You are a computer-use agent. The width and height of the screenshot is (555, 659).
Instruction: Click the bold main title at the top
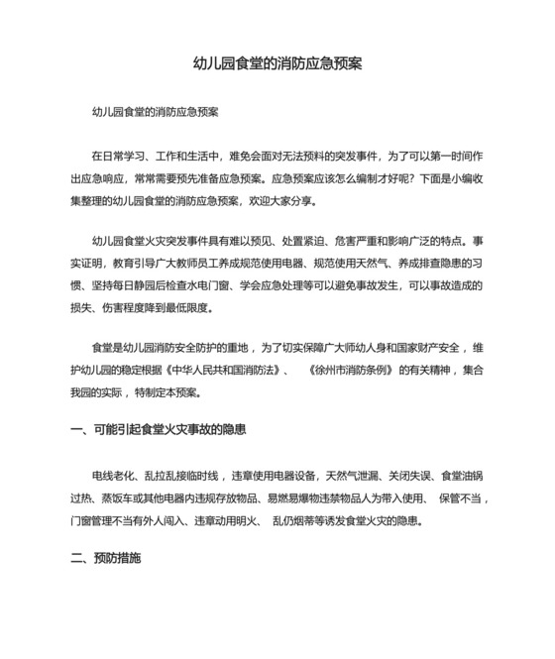coord(277,63)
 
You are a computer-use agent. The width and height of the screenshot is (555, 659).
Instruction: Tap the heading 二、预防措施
coord(106,558)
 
